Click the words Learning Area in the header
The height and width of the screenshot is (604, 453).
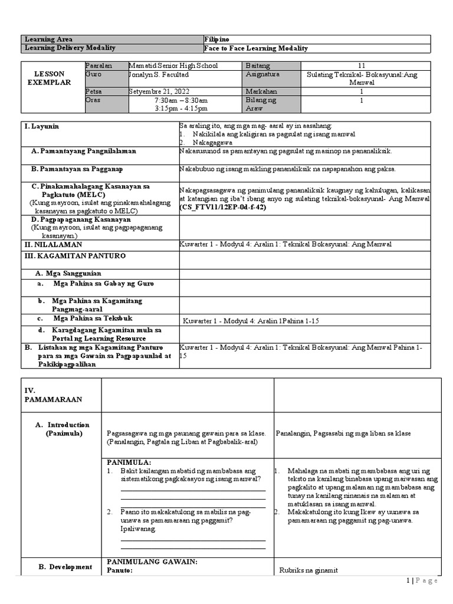pos(47,38)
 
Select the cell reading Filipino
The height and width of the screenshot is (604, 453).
pos(217,38)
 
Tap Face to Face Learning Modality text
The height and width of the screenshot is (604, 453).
pos(255,48)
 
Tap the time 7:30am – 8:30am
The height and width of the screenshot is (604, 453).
pos(181,100)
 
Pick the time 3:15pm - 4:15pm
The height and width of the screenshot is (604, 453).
pos(181,109)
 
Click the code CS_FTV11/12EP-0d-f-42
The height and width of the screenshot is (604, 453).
pos(219,208)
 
